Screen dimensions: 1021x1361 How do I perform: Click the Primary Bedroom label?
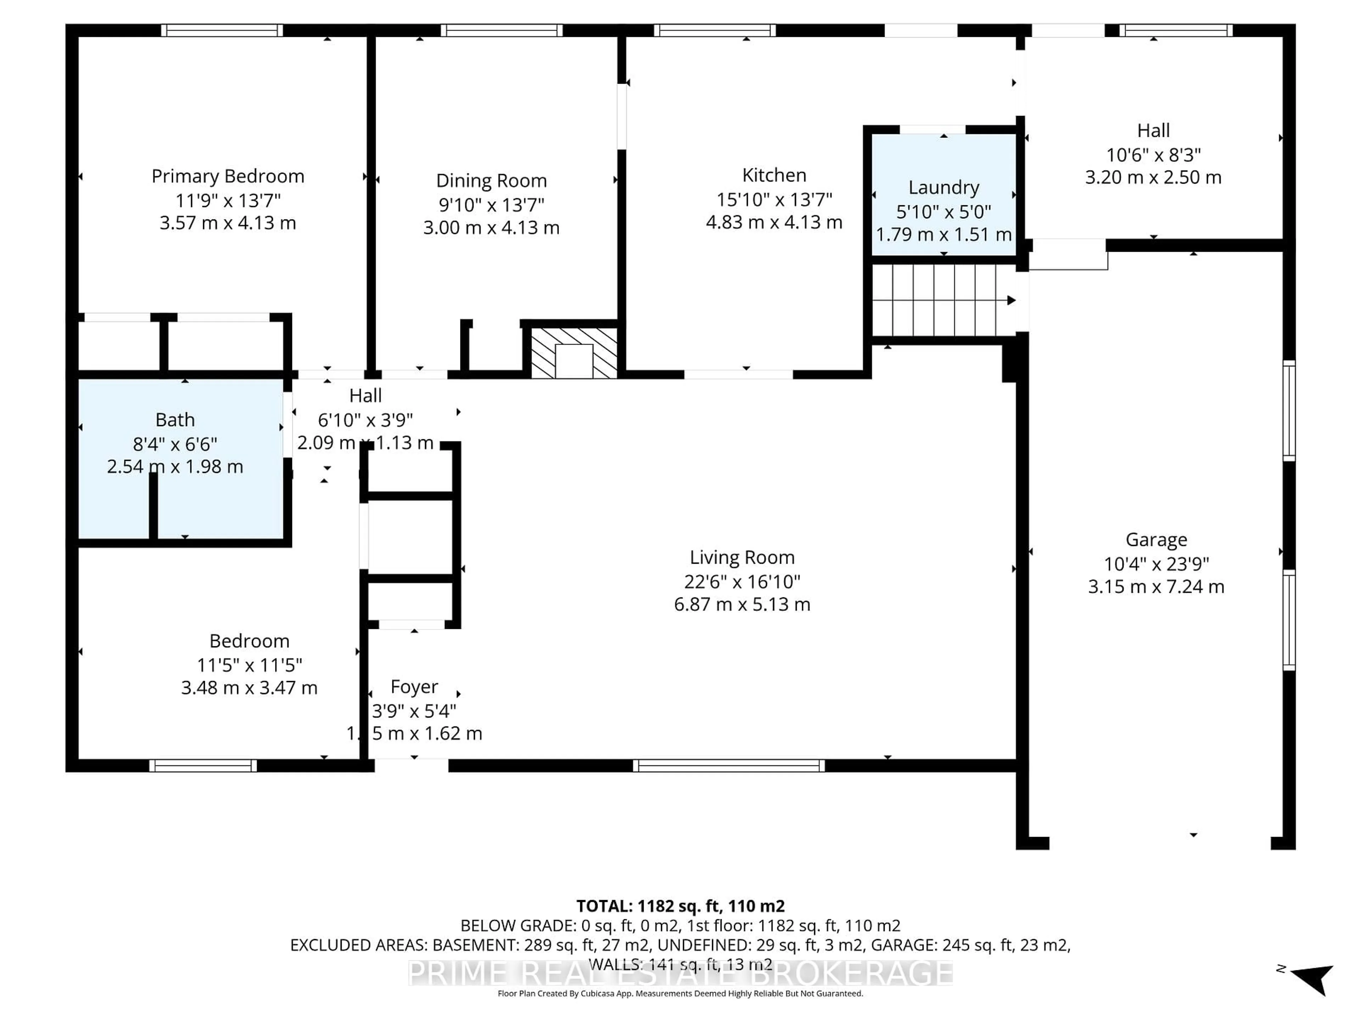(228, 177)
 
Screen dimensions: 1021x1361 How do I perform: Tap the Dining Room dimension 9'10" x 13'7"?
(491, 204)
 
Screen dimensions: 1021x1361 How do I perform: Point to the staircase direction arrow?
(1010, 300)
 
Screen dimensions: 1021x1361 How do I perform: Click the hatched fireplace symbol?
(573, 353)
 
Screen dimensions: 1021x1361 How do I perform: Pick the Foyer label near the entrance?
(414, 687)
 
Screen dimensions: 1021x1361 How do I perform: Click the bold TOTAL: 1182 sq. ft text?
(680, 906)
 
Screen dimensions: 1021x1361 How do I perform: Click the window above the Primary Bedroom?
(222, 30)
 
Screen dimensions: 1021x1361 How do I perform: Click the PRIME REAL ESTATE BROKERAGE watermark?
(680, 973)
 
